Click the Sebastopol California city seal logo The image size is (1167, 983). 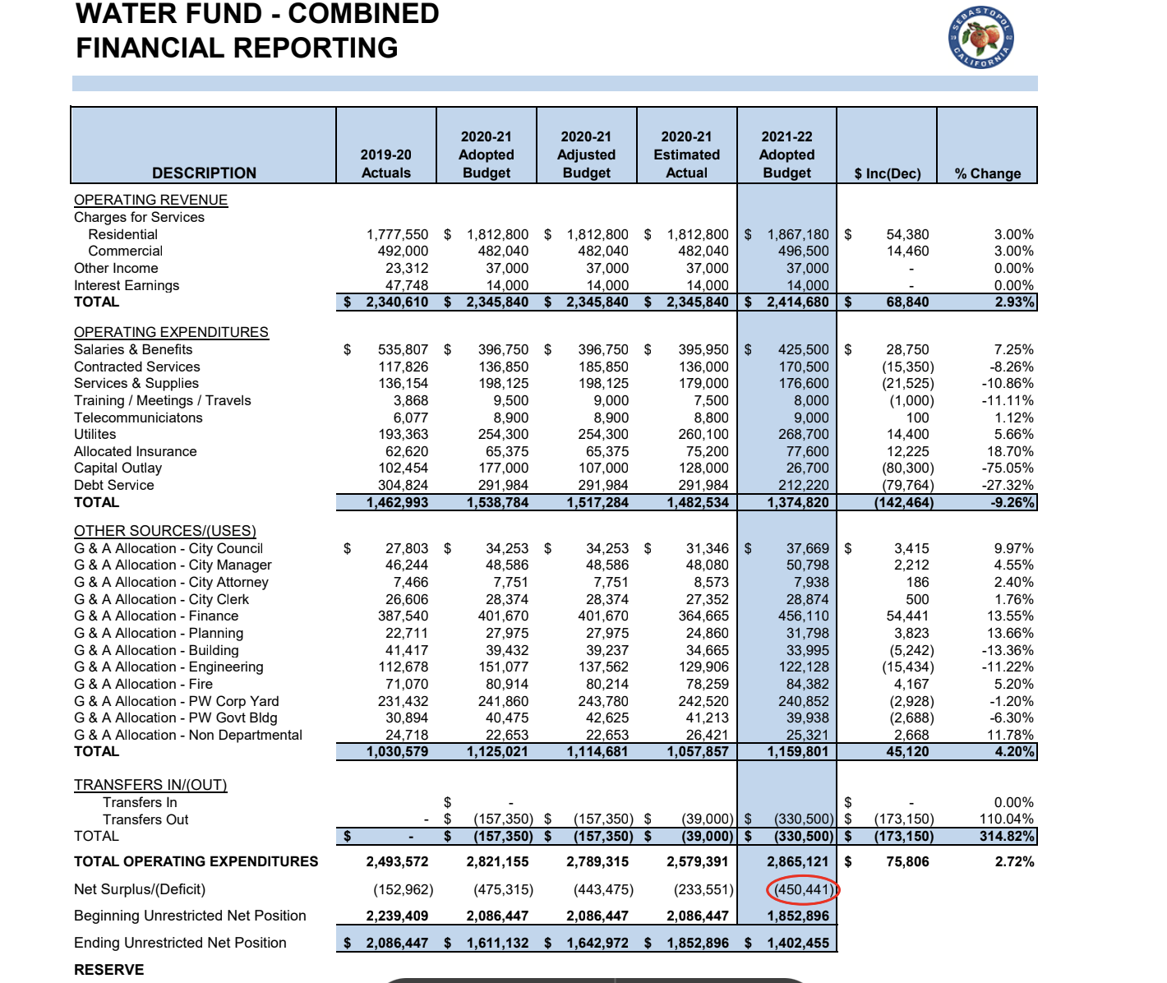[981, 38]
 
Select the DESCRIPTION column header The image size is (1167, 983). [204, 173]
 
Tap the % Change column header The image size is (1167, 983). [988, 173]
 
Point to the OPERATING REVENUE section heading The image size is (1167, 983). [151, 201]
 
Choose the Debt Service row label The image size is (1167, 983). [114, 485]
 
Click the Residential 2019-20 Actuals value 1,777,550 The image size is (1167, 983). [398, 234]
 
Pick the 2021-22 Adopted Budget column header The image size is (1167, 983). [787, 155]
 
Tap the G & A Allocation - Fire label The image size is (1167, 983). [143, 684]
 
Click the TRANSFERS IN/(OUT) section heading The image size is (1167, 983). [150, 785]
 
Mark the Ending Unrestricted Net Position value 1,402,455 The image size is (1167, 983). [798, 943]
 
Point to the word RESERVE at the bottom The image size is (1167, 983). [109, 970]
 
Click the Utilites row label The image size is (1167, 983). [95, 435]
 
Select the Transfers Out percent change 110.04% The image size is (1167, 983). [1007, 819]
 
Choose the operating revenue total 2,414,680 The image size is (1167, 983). [798, 302]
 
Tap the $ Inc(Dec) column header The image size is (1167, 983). [888, 173]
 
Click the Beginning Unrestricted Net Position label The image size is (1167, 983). [190, 916]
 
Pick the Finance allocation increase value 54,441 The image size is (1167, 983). [907, 616]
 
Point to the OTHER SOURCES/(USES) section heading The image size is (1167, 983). [165, 531]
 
